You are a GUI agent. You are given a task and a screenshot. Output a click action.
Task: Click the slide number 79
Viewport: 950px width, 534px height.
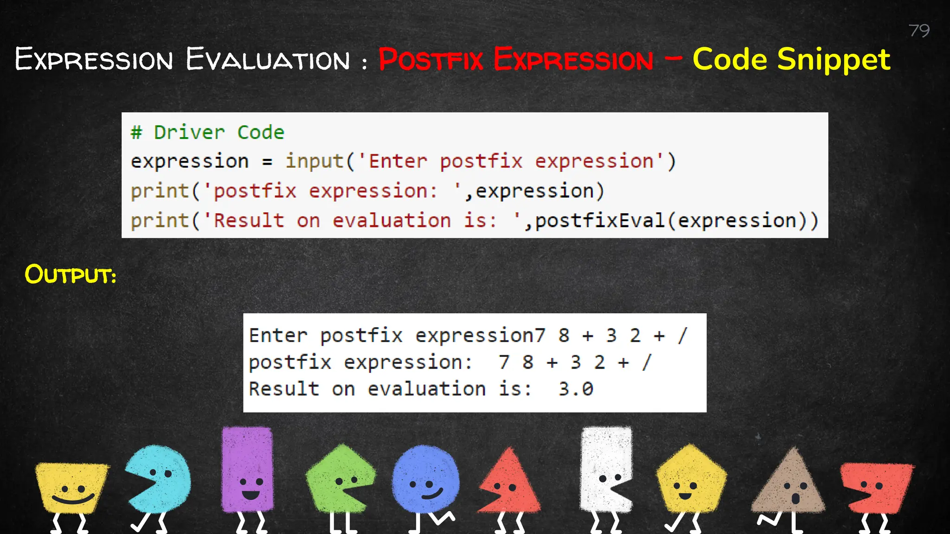pyautogui.click(x=919, y=31)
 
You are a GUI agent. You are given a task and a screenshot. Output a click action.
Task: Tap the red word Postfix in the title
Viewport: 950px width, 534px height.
pyautogui.click(x=431, y=60)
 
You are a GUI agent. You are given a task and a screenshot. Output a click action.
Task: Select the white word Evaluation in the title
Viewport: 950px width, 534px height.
pyautogui.click(x=268, y=60)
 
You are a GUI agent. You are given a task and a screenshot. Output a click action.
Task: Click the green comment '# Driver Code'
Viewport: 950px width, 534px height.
pyautogui.click(x=207, y=133)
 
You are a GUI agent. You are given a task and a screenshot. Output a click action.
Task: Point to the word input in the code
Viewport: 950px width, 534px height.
pyautogui.click(x=314, y=161)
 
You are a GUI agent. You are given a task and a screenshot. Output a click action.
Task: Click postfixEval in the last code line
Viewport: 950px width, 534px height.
pyautogui.click(x=600, y=221)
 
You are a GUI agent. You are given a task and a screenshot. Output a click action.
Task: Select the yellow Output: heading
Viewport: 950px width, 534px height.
pyautogui.click(x=70, y=274)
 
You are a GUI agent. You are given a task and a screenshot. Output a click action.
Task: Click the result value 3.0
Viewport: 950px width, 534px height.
pyautogui.click(x=576, y=389)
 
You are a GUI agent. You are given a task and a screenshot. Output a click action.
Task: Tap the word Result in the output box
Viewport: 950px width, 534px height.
pyautogui.click(x=284, y=389)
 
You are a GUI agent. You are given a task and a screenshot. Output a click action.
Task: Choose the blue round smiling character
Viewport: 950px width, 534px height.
pyautogui.click(x=425, y=480)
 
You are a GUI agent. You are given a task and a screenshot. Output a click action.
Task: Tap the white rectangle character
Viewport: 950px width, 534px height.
pyautogui.click(x=605, y=468)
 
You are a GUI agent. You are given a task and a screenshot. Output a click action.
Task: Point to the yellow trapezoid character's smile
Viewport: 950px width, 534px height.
pyautogui.click(x=73, y=500)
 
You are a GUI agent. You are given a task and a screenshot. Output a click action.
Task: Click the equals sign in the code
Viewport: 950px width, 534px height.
pyautogui.click(x=267, y=162)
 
